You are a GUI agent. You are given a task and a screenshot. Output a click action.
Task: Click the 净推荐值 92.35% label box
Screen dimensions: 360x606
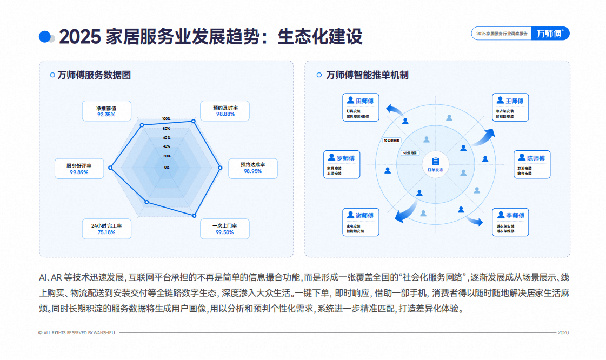[x=106, y=111]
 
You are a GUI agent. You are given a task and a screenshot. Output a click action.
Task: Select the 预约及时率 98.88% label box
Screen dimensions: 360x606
[x=225, y=111]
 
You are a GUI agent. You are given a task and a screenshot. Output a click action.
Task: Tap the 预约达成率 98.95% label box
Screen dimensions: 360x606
[x=252, y=168]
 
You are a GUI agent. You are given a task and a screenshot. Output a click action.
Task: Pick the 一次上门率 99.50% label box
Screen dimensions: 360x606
[x=225, y=229]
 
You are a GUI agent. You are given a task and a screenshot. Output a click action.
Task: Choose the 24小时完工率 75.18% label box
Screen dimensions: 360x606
[x=106, y=229]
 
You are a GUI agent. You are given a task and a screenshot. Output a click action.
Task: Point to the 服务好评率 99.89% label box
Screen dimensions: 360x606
[x=79, y=169]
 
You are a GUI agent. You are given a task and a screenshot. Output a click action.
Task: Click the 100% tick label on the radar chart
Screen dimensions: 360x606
[x=167, y=119]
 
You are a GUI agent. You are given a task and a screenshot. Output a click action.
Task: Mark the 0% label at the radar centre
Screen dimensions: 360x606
[x=167, y=168]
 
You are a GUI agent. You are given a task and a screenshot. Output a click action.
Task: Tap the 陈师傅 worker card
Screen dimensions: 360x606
[x=532, y=164]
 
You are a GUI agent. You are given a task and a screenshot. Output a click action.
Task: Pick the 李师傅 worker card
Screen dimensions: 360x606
[x=511, y=222]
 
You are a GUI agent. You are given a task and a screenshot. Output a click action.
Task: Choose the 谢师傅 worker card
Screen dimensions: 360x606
[x=361, y=222]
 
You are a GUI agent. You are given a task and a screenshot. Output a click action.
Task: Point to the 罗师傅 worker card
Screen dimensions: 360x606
[x=342, y=164]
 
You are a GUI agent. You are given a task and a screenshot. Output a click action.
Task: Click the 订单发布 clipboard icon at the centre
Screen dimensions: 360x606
[x=435, y=161]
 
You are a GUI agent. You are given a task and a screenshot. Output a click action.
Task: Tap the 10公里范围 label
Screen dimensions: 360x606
[x=391, y=141]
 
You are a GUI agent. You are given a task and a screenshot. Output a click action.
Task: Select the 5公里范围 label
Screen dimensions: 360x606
[x=410, y=153]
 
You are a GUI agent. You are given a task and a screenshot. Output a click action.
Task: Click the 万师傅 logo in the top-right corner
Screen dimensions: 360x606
[x=550, y=34]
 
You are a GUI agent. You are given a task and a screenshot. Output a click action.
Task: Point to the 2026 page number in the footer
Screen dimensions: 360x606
[x=563, y=332]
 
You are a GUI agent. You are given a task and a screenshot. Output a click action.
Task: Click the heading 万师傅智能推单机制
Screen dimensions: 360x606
[x=367, y=75]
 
